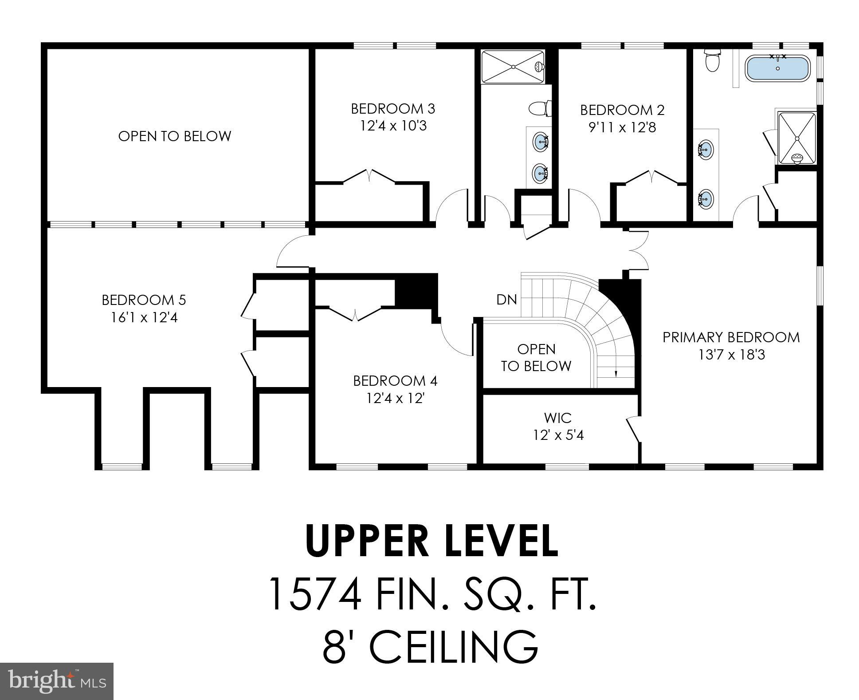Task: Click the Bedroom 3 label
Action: [x=392, y=109]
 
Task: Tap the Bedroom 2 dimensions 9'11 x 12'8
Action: [x=622, y=128]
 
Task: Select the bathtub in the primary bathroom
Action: [x=777, y=68]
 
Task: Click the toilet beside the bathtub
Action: [x=712, y=62]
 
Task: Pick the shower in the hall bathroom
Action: [x=513, y=67]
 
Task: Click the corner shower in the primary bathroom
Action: [x=796, y=138]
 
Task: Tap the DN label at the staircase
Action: [x=506, y=300]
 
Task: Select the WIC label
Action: [x=557, y=418]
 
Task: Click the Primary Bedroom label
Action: [x=731, y=337]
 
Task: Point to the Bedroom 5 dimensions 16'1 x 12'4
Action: [x=144, y=318]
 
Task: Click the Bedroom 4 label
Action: [x=395, y=381]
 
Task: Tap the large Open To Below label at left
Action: [x=174, y=136]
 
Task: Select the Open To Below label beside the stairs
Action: [x=536, y=357]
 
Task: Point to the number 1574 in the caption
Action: [x=315, y=594]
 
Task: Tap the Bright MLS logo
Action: [x=57, y=680]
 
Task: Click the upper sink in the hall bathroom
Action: [x=540, y=142]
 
